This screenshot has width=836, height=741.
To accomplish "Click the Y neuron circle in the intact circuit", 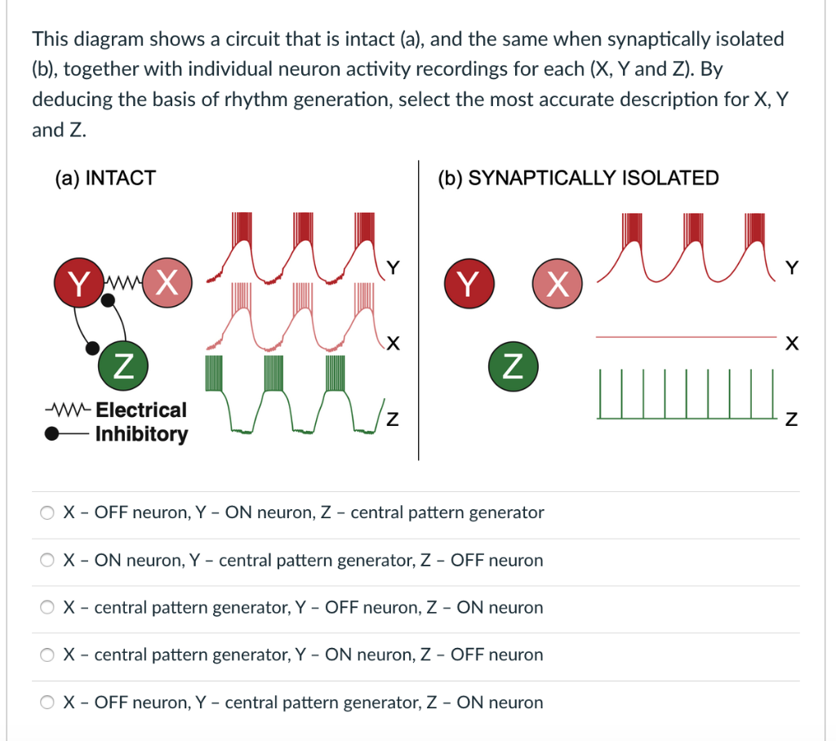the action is (x=79, y=282).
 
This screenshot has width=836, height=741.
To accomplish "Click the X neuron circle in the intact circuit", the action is (x=167, y=282).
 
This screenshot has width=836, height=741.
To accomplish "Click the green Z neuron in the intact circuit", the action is (x=123, y=366).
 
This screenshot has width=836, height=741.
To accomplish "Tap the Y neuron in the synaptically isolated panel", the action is (x=469, y=283).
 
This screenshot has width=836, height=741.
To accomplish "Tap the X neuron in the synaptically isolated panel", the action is (x=557, y=283).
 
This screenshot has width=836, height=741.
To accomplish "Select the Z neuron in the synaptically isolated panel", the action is (x=514, y=366).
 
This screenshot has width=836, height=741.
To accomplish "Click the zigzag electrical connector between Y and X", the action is (x=123, y=282).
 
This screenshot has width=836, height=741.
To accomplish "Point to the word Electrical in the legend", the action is (x=141, y=410).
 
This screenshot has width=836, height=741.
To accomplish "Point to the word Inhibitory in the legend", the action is (x=142, y=434).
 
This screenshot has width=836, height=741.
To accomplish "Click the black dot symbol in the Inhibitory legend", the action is (x=51, y=434).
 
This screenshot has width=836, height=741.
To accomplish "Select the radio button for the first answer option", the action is (x=47, y=512).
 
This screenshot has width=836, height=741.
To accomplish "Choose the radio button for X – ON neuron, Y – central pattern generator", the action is (x=47, y=561).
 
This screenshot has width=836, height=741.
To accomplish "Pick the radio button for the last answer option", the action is (x=47, y=702).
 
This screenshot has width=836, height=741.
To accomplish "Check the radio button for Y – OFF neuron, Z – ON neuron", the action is (x=47, y=607).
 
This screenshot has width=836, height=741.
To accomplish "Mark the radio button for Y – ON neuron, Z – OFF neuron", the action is (x=47, y=654).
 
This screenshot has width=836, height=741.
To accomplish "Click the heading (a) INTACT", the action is (x=105, y=178).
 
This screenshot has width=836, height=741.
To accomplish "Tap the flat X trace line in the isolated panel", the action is (x=686, y=337).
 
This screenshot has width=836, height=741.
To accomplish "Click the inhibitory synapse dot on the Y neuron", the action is (x=108, y=300).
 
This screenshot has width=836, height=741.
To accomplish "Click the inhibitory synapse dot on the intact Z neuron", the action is (x=92, y=348).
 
